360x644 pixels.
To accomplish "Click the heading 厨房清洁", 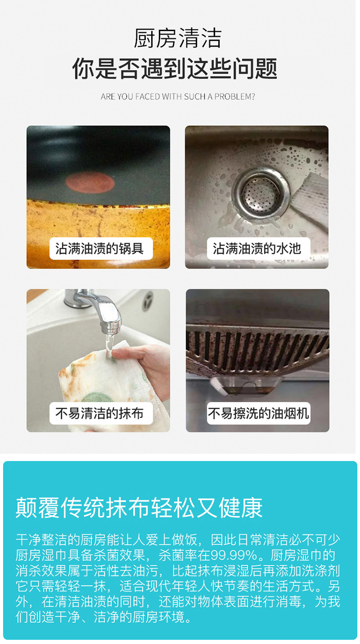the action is (x=178, y=38).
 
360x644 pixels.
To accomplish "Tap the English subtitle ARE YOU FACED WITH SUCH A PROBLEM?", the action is (x=178, y=97).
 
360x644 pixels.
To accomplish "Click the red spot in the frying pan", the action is (x=90, y=182).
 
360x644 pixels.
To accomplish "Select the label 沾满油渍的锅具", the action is (x=99, y=248).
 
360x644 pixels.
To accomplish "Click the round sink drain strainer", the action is (x=261, y=193).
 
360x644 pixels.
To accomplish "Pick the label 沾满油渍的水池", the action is (x=257, y=248).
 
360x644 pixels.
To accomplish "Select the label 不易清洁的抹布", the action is (x=99, y=413).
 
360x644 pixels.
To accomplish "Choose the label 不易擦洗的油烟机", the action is (x=258, y=413).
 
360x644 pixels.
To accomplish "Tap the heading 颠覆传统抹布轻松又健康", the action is (x=139, y=507).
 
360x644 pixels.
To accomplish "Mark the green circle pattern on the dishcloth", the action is (x=98, y=397).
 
